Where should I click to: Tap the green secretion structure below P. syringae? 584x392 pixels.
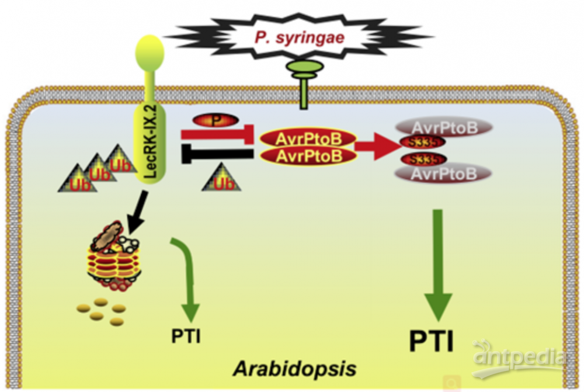pos(304,82)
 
